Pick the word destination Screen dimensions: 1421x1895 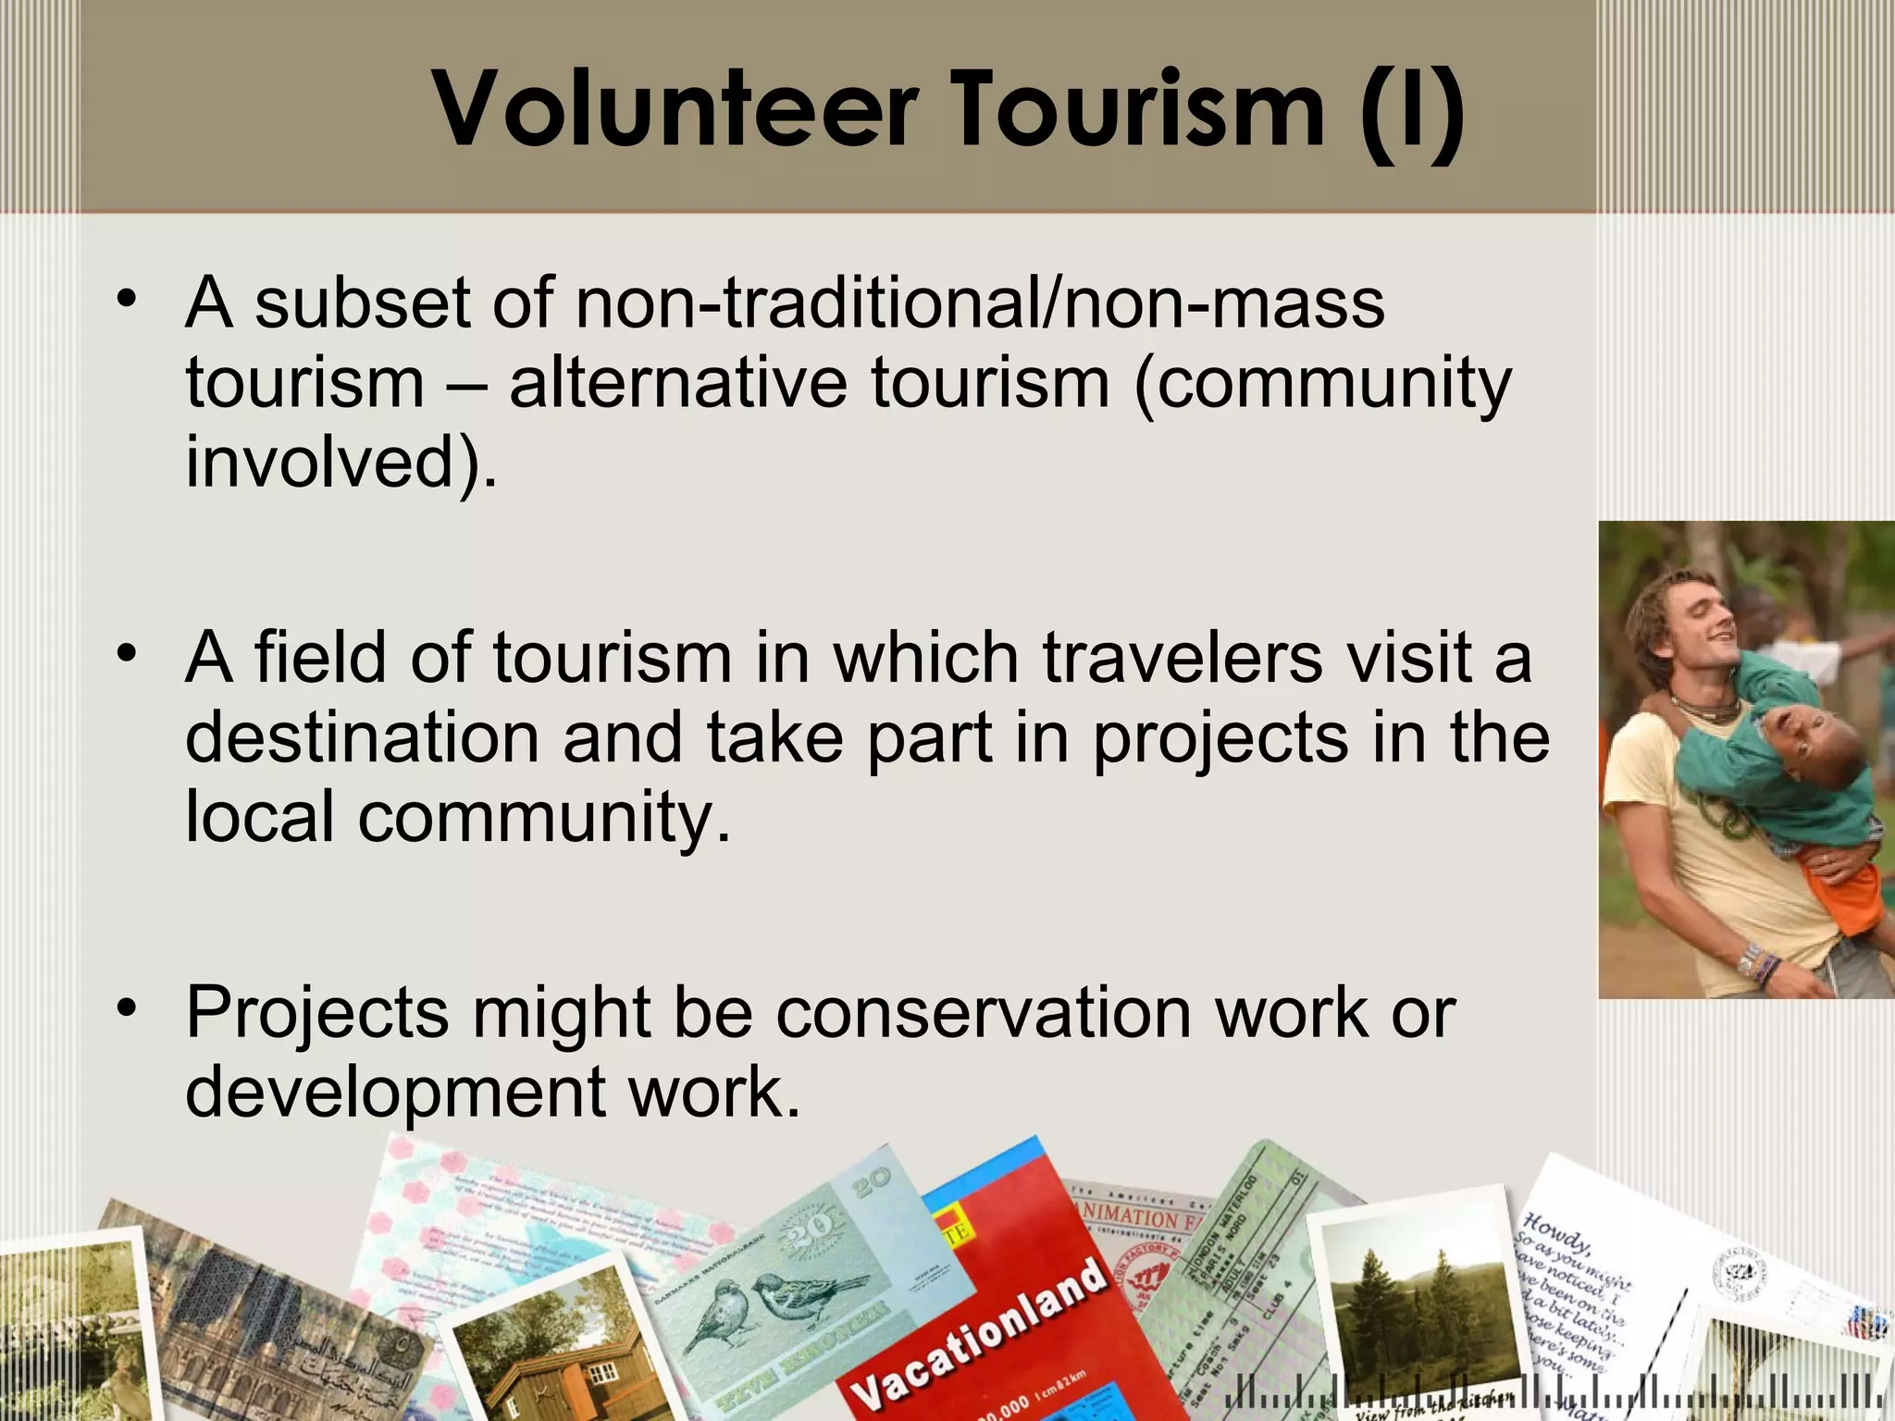(x=362, y=737)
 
